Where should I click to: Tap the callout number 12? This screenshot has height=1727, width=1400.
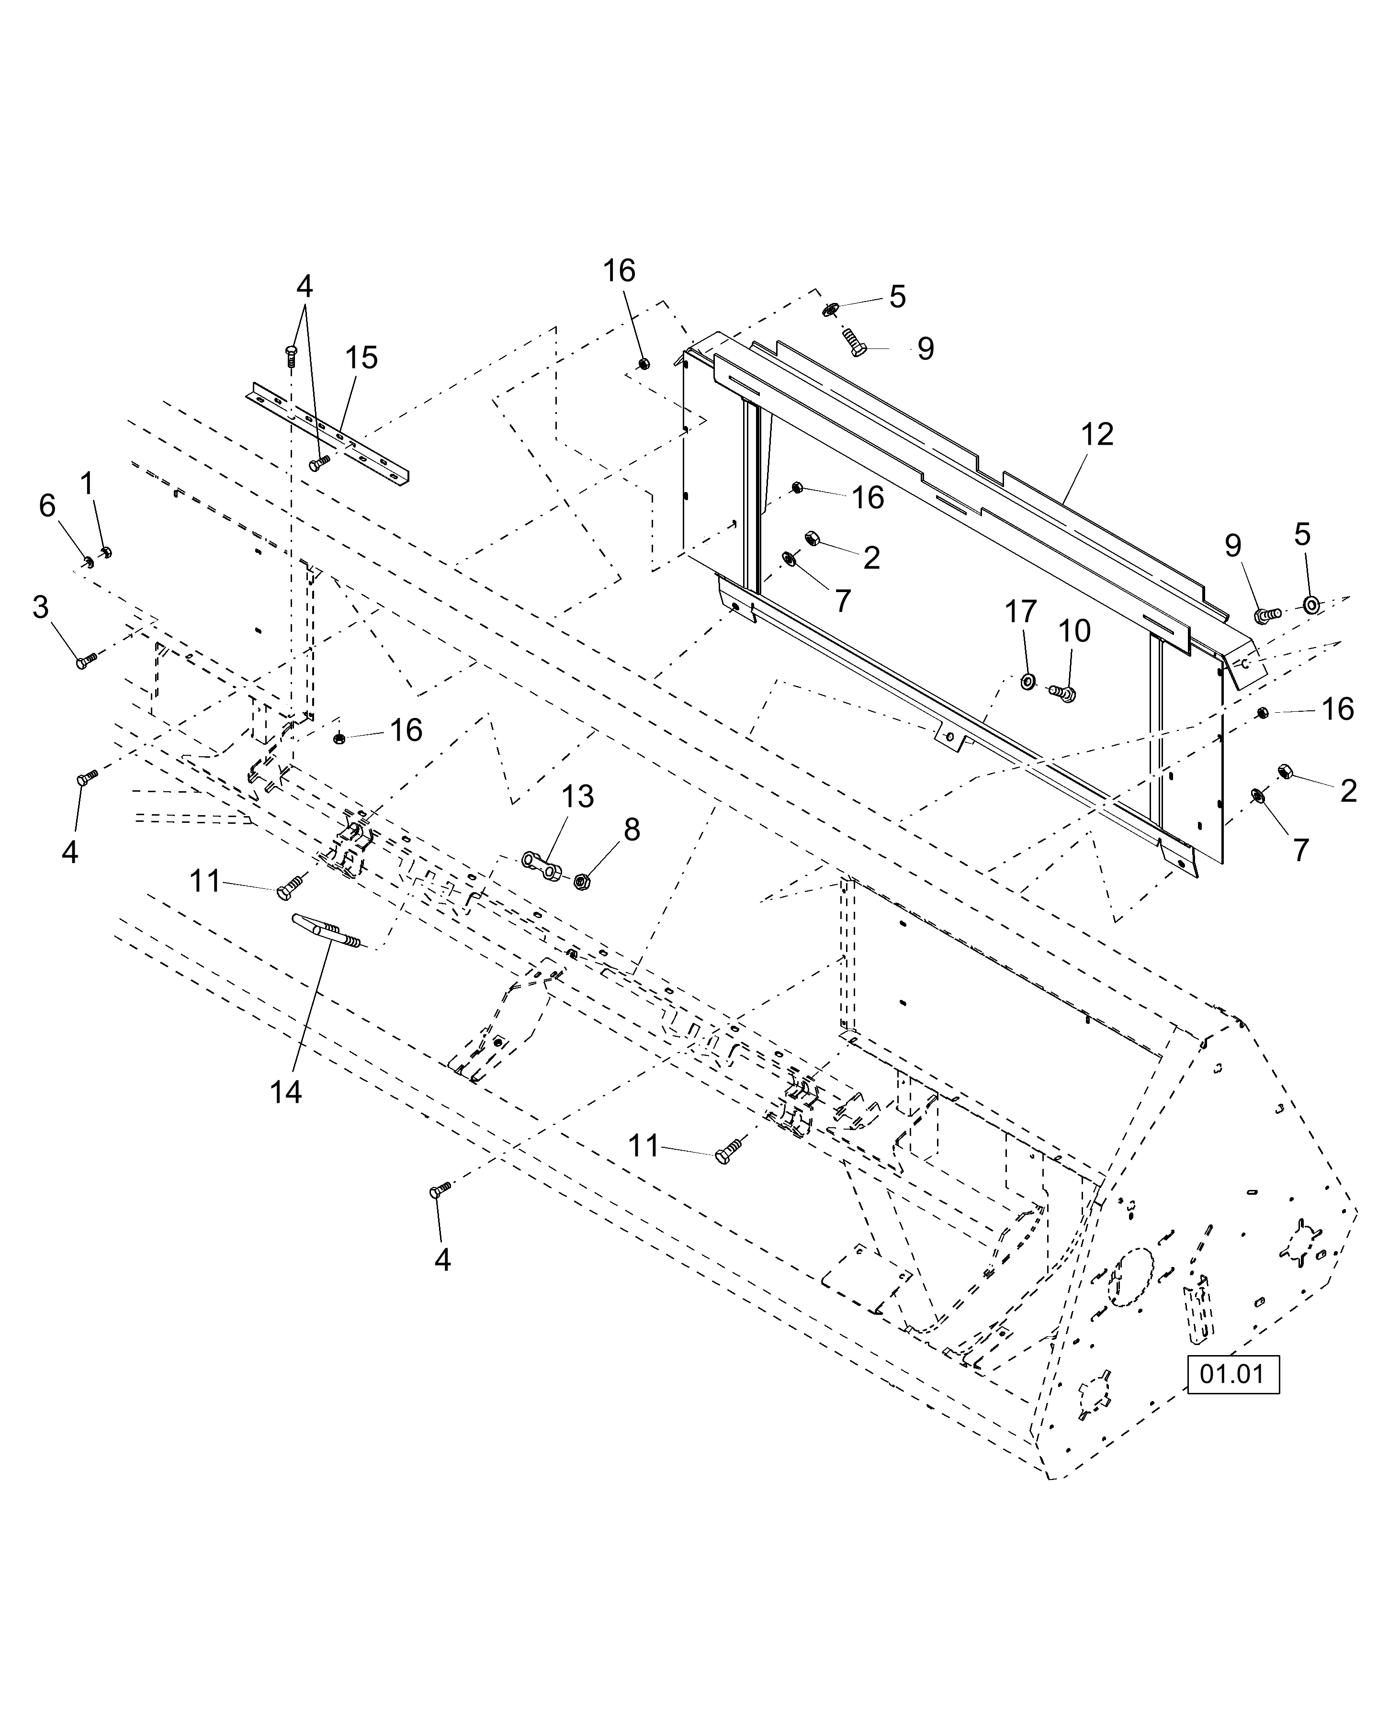point(1097,435)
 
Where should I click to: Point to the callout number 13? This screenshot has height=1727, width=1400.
point(577,797)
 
